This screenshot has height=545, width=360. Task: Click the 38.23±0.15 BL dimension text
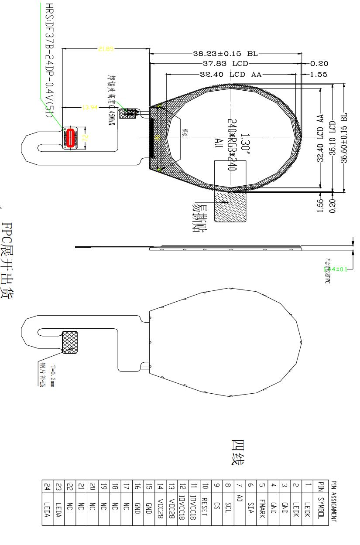pos(226,54)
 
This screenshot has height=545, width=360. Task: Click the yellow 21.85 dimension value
pos(106,49)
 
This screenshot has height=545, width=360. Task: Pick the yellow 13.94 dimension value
pos(90,107)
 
